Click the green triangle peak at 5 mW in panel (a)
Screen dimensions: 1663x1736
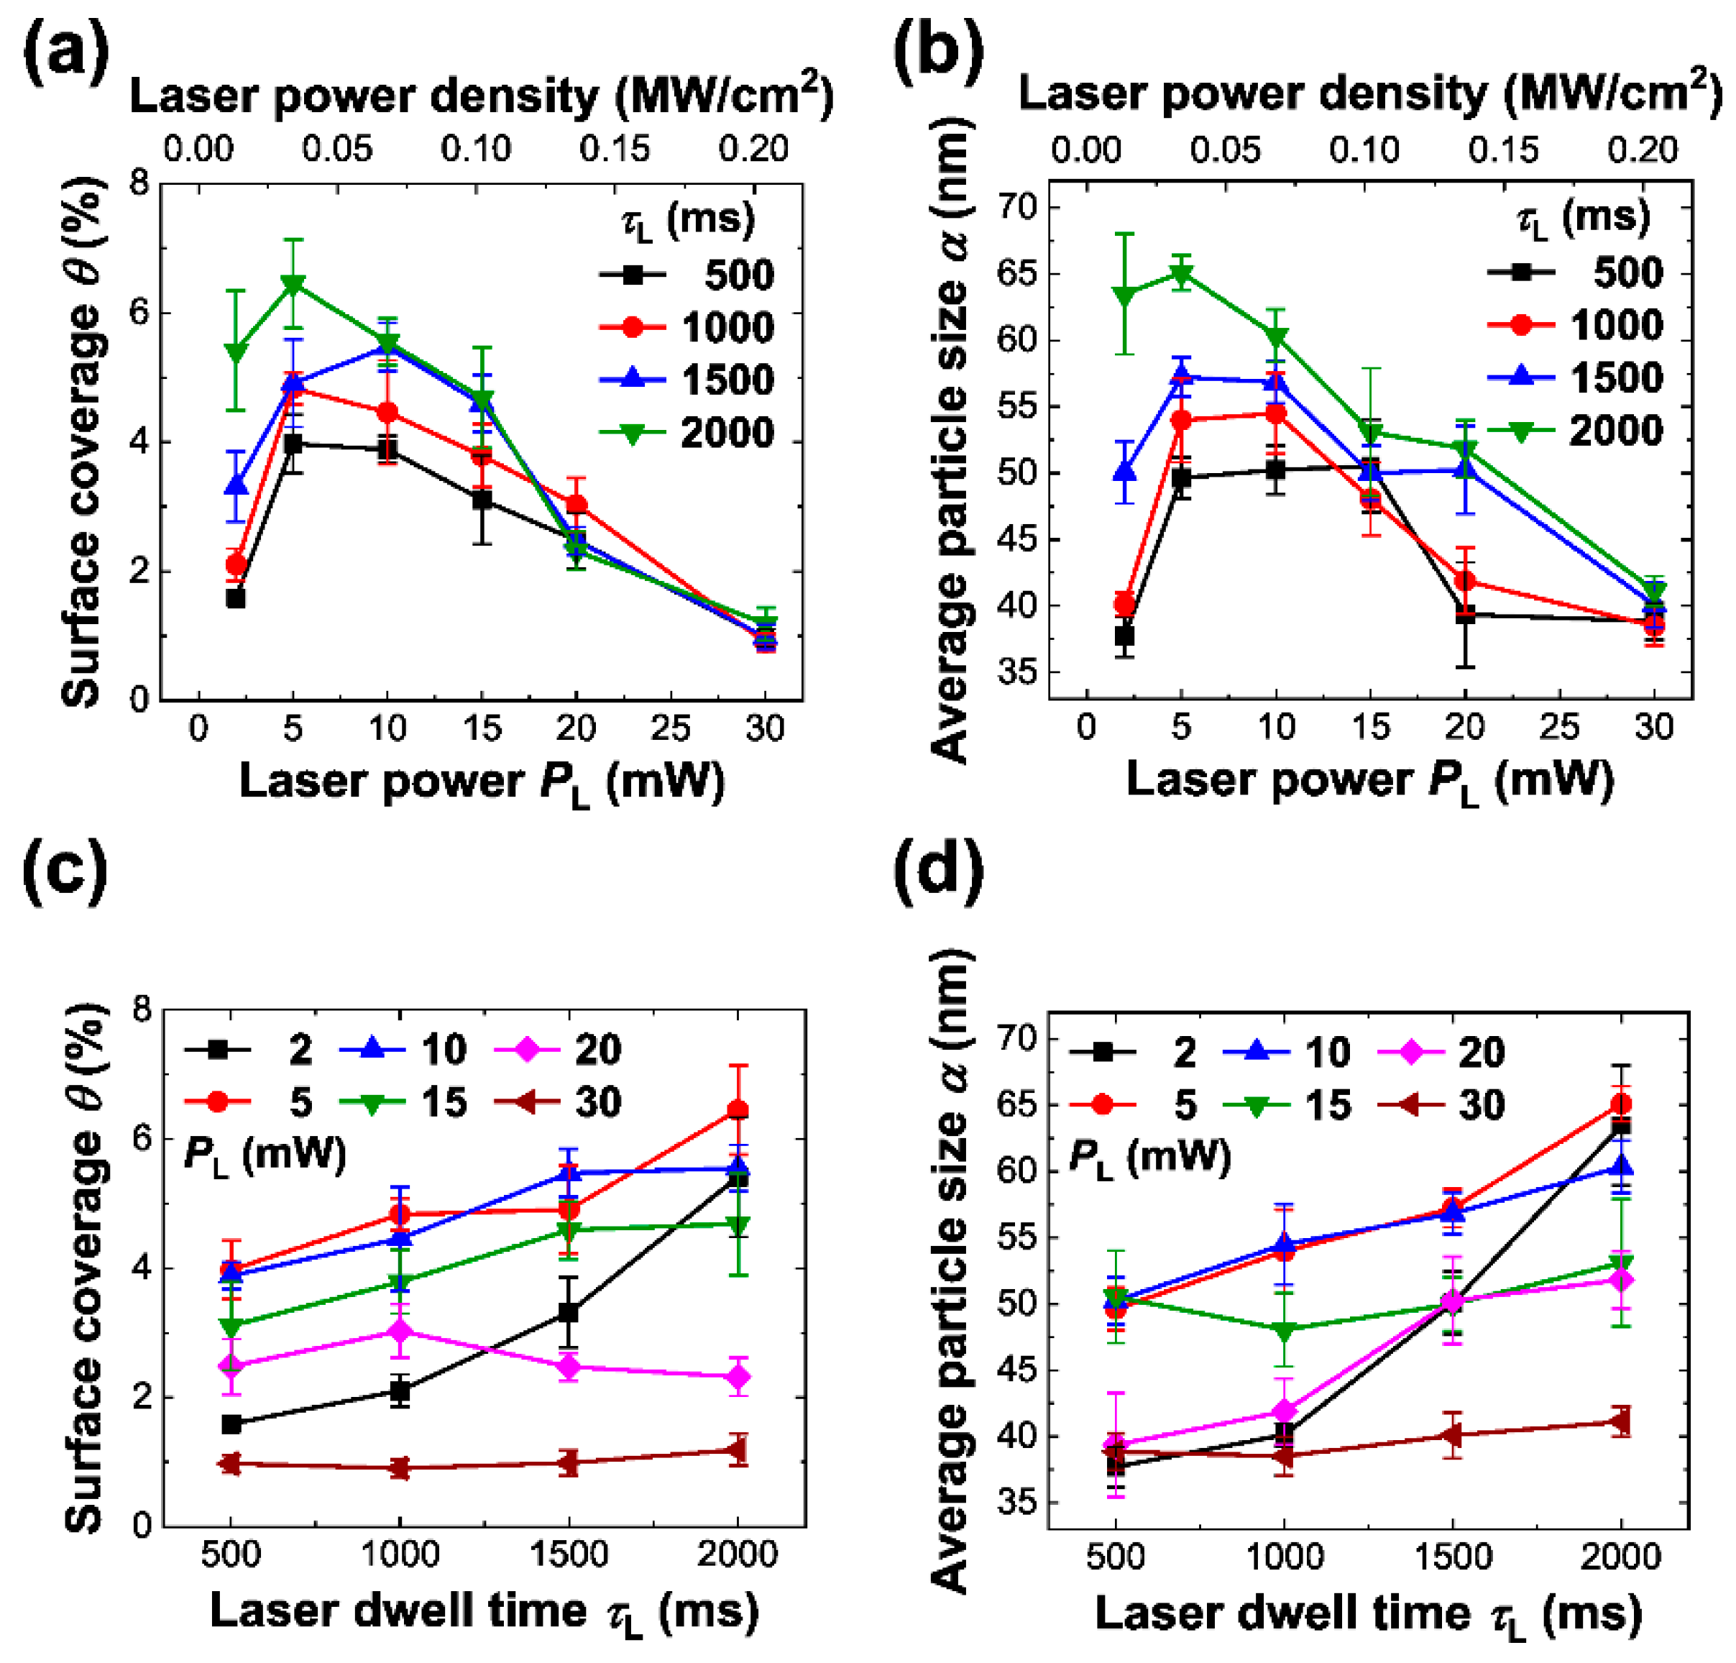[x=293, y=283]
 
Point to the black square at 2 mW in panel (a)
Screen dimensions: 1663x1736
[x=236, y=598]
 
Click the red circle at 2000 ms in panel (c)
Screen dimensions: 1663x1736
[x=738, y=1109]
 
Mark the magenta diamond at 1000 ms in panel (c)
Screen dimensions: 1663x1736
[x=400, y=1331]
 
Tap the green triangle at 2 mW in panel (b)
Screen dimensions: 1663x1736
[x=1124, y=294]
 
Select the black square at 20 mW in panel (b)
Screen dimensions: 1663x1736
[x=1465, y=614]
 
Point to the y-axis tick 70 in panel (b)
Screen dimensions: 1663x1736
[x=1019, y=207]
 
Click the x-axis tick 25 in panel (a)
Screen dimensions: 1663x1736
[x=671, y=728]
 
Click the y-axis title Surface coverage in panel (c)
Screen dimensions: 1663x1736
[x=84, y=1268]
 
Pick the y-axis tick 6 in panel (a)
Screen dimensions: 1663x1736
[x=138, y=313]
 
